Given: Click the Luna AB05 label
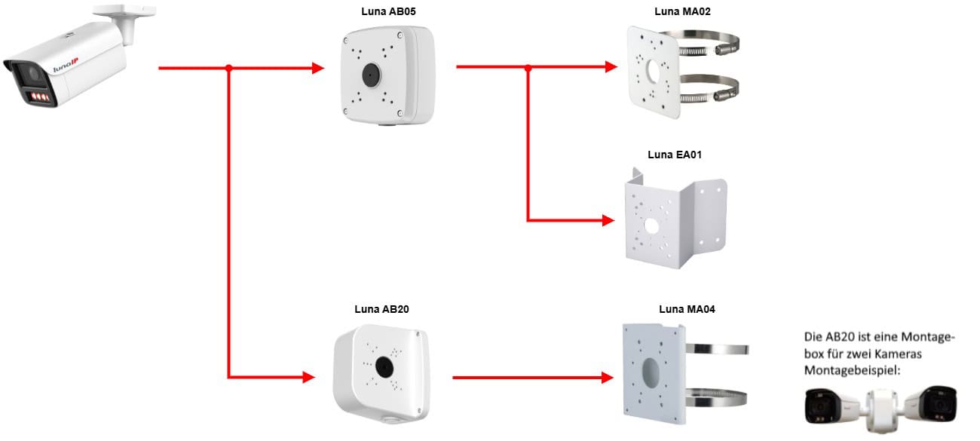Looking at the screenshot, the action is (388, 12).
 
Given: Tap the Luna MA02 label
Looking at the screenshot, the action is (682, 12).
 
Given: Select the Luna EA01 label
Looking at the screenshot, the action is (675, 155).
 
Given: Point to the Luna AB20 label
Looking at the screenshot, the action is (381, 309).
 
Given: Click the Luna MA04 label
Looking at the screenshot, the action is (687, 309).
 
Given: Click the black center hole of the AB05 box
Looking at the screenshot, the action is (372, 75).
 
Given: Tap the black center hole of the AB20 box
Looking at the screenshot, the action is (384, 367).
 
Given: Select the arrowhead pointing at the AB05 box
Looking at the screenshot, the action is (318, 69).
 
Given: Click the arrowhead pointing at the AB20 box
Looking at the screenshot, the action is (309, 377).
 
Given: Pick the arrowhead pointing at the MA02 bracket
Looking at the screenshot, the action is (611, 67).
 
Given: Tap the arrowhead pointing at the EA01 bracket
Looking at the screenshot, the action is (608, 220).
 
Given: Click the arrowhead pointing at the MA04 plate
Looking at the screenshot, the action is (608, 378).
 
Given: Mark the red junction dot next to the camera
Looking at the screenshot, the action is (229, 69).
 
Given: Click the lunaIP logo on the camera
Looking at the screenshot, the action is (66, 65).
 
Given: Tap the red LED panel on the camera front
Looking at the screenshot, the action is (40, 96).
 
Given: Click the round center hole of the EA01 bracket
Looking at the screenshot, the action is (651, 226).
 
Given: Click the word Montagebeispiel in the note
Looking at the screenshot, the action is (853, 371).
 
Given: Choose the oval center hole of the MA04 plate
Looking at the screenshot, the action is (651, 372).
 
